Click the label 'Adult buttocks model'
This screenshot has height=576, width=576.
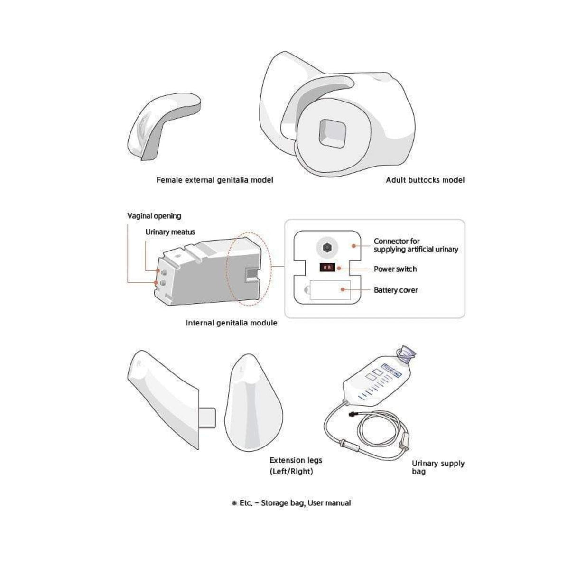425,180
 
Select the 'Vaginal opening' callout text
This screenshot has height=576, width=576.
154,216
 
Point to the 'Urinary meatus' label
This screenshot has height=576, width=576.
170,232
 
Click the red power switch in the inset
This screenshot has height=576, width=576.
327,268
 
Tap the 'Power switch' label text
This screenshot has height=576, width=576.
395,269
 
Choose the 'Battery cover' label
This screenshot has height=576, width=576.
395,290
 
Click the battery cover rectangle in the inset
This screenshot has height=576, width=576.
330,289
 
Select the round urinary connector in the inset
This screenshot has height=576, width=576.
326,247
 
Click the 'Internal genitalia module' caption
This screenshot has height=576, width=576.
231,323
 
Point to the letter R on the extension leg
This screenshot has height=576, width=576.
139,364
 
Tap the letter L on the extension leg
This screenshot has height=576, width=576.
243,368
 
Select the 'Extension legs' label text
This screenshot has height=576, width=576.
296,460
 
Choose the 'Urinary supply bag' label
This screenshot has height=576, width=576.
437,467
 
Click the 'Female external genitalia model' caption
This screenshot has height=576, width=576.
214,180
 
